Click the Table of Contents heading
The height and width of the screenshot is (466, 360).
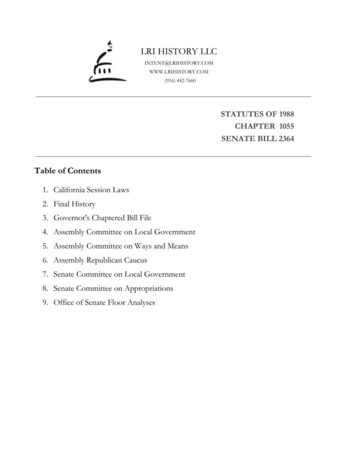67,171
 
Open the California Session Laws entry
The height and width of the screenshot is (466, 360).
91,190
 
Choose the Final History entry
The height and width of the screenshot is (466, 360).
74,204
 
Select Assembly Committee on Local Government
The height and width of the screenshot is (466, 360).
124,232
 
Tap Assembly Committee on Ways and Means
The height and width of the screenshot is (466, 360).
121,246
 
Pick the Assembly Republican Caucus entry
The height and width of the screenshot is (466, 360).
100,260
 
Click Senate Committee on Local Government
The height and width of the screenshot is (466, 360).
119,274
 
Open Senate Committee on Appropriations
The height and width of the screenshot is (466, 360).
113,288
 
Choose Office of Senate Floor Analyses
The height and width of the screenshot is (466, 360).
104,303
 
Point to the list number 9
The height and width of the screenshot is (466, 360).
45,303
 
